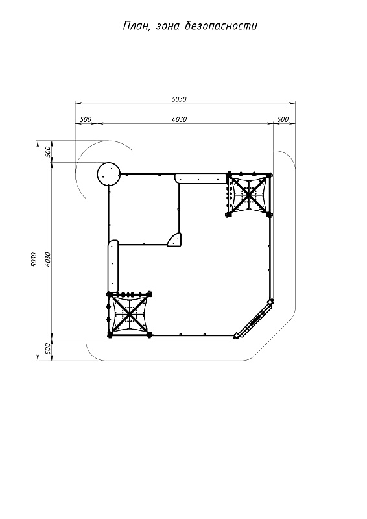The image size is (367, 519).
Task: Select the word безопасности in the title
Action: pos(220,25)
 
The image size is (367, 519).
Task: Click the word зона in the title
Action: pos(167,26)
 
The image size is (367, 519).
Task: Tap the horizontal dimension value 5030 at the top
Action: pos(179,99)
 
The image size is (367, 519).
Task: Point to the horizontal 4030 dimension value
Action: pos(180,119)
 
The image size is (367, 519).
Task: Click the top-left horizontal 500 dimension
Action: pos(86,119)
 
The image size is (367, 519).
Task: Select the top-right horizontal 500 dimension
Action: pos(283,119)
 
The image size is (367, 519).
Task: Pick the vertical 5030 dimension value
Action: pos(33,259)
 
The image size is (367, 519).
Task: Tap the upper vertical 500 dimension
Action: pos(47,152)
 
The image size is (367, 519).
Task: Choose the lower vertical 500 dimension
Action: pos(47,349)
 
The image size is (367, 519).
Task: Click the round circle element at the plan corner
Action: pos(108,174)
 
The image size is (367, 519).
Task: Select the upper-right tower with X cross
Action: pos(249,194)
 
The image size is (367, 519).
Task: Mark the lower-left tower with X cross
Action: pos(129,315)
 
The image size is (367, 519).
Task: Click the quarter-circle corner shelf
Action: pos(174,239)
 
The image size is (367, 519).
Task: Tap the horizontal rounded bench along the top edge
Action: pos(200,178)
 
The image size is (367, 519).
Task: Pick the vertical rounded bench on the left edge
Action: pos(113,266)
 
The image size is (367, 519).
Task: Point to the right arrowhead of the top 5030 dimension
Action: pos(293,103)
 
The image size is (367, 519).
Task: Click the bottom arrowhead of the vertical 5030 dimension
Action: pos(38,358)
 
